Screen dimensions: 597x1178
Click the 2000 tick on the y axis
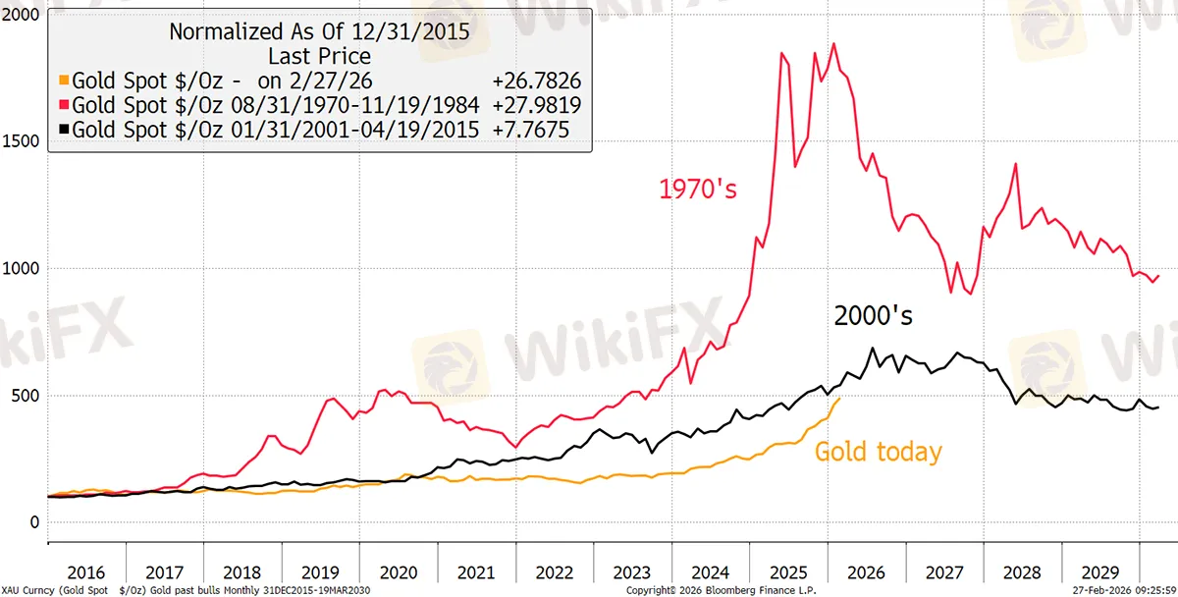21,15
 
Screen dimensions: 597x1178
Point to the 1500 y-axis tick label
21,141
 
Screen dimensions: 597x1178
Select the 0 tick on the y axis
34,522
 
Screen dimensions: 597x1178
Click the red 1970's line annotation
697,189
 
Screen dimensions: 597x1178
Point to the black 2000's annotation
873,316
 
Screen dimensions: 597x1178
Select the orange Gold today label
878,452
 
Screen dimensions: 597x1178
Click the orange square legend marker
64,81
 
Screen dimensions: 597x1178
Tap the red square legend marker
64,105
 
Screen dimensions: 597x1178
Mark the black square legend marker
64,130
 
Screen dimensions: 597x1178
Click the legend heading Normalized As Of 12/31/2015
319,31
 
